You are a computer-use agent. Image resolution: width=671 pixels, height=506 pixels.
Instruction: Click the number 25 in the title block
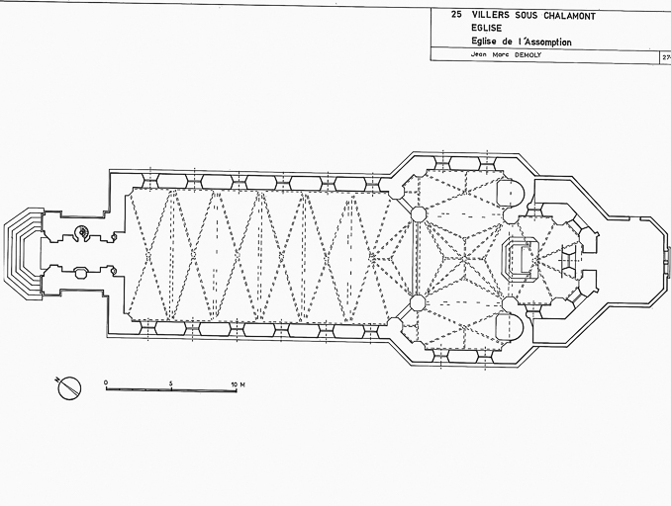point(455,16)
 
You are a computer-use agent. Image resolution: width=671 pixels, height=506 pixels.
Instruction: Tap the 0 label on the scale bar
point(106,381)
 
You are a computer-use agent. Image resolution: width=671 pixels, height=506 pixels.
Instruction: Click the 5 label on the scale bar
point(171,381)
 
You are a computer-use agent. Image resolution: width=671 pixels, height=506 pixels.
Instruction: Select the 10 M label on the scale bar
point(238,381)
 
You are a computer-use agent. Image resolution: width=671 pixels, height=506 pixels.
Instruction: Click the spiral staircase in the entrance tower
point(83,233)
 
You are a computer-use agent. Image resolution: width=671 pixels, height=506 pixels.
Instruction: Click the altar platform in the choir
point(518,257)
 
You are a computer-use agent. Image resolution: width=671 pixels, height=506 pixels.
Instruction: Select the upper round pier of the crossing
point(419,214)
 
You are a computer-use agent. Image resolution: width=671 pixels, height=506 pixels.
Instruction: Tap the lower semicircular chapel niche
point(507,324)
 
